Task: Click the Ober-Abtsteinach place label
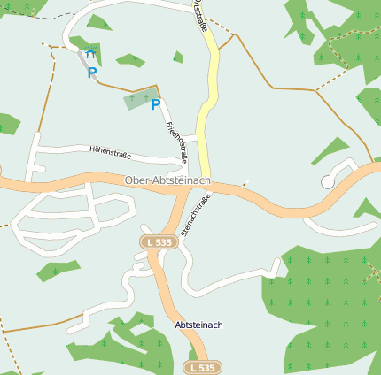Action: click(x=167, y=180)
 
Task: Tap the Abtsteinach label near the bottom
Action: click(x=198, y=325)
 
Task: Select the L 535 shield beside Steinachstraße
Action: click(x=158, y=241)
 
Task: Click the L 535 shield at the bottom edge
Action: click(x=202, y=366)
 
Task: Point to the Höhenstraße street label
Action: click(x=111, y=153)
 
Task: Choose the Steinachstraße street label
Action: click(x=195, y=215)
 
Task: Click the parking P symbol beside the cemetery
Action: click(x=156, y=105)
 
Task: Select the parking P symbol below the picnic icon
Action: click(x=91, y=73)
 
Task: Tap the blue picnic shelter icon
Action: click(x=91, y=53)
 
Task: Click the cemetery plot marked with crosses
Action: click(x=139, y=98)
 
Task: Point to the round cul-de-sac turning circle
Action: click(x=328, y=181)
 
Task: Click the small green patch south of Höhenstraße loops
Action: click(x=58, y=272)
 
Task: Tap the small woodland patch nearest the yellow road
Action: click(x=178, y=57)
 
